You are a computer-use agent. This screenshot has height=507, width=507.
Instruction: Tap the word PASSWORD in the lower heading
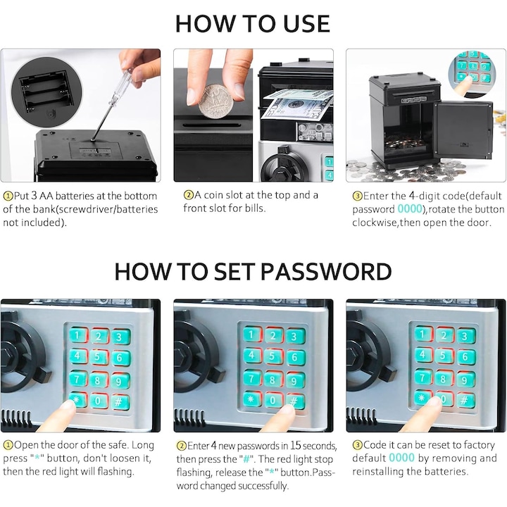[326, 271]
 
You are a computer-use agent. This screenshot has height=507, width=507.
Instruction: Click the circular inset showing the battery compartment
[46, 92]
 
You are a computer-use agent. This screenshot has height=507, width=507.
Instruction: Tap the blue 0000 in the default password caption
[410, 209]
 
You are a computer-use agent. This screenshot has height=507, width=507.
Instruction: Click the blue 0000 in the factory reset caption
[401, 458]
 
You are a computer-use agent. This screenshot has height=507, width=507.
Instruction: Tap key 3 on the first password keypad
[120, 337]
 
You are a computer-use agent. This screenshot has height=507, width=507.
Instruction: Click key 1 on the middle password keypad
[251, 334]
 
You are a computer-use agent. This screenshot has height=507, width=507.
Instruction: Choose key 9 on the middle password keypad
[294, 381]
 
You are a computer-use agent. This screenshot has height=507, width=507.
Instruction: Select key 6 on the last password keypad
[465, 357]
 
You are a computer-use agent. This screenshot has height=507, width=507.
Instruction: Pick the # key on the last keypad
[464, 400]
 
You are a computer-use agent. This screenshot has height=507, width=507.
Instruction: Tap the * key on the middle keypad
[251, 399]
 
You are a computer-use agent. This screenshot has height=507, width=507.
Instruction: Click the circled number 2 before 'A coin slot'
[188, 195]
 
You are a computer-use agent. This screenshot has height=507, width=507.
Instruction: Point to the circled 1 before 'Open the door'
[8, 446]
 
